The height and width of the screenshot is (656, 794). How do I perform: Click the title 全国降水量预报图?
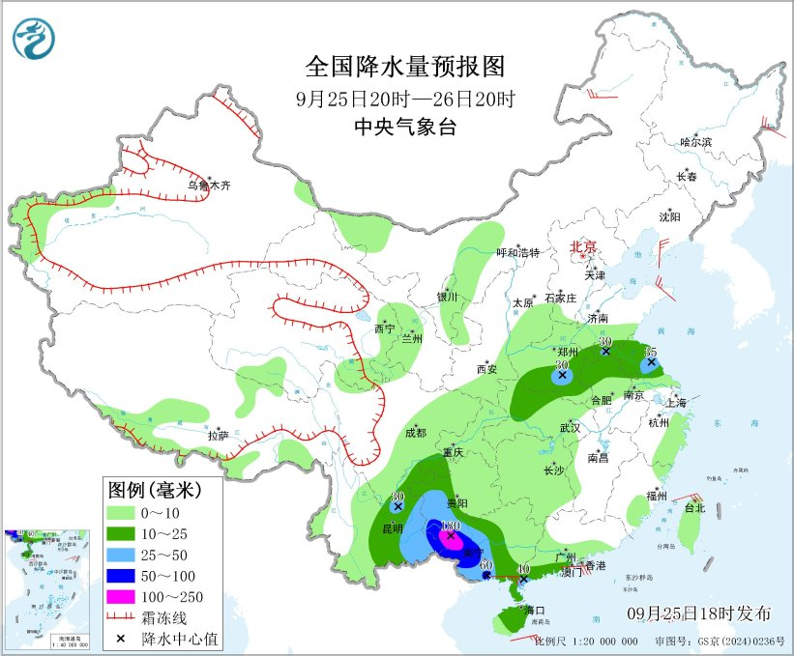pos(405,67)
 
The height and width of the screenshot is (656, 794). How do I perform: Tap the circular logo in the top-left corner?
pos(34,38)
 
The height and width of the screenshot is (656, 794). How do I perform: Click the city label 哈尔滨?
pos(694,142)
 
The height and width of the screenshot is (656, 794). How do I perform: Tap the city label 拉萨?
pos(218,436)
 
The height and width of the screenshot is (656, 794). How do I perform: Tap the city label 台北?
pos(694,507)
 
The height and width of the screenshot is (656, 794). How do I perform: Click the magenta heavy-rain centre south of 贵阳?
pos(449,536)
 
